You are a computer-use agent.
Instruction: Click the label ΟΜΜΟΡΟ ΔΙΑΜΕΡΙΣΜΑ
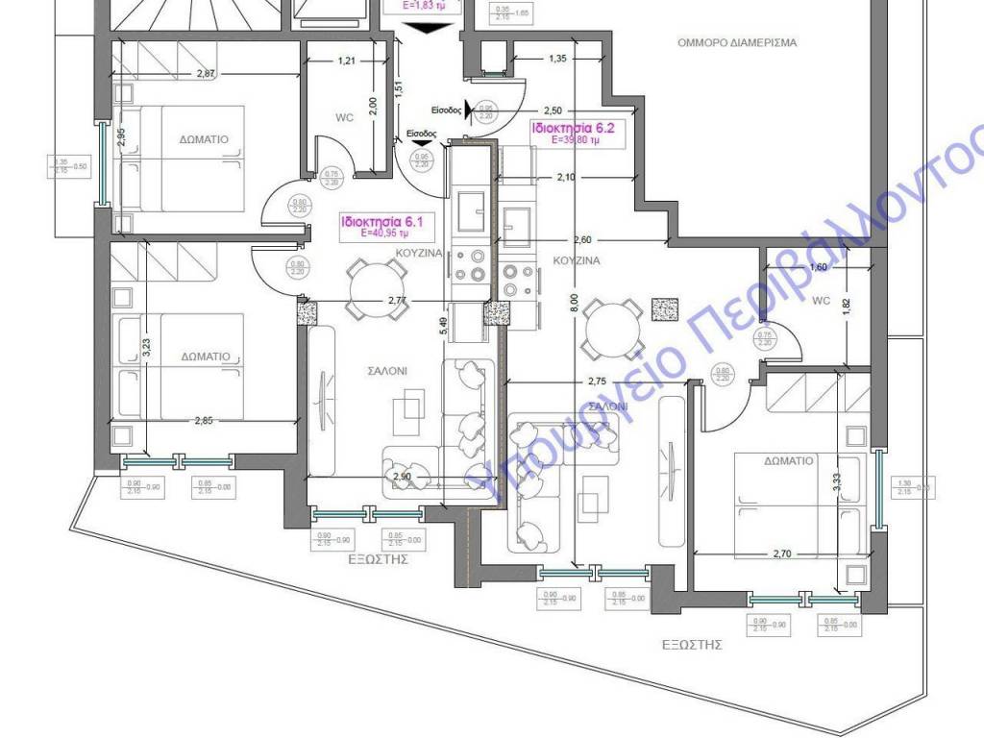(736, 43)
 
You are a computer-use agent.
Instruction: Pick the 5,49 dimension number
(444, 326)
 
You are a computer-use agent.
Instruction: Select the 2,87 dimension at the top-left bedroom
(207, 74)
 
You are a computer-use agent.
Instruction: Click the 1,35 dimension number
(557, 60)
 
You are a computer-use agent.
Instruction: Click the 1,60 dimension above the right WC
(818, 267)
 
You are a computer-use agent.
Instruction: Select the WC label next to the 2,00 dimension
(345, 119)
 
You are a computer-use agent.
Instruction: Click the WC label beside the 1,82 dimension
(821, 300)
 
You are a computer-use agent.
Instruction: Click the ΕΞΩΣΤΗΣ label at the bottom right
(692, 645)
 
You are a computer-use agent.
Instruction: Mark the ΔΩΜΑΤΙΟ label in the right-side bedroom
(789, 461)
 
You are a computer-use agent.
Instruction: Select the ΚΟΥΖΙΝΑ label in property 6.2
(577, 260)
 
